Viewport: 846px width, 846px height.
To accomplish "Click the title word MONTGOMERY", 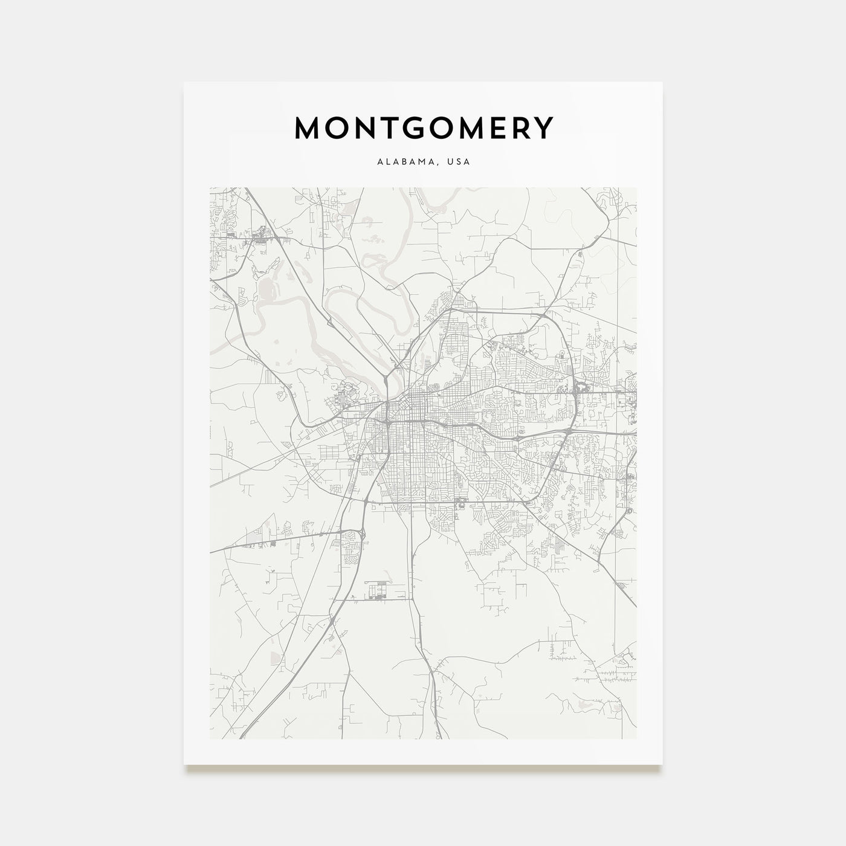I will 423,128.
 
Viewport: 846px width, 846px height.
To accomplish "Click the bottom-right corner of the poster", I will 662,764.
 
